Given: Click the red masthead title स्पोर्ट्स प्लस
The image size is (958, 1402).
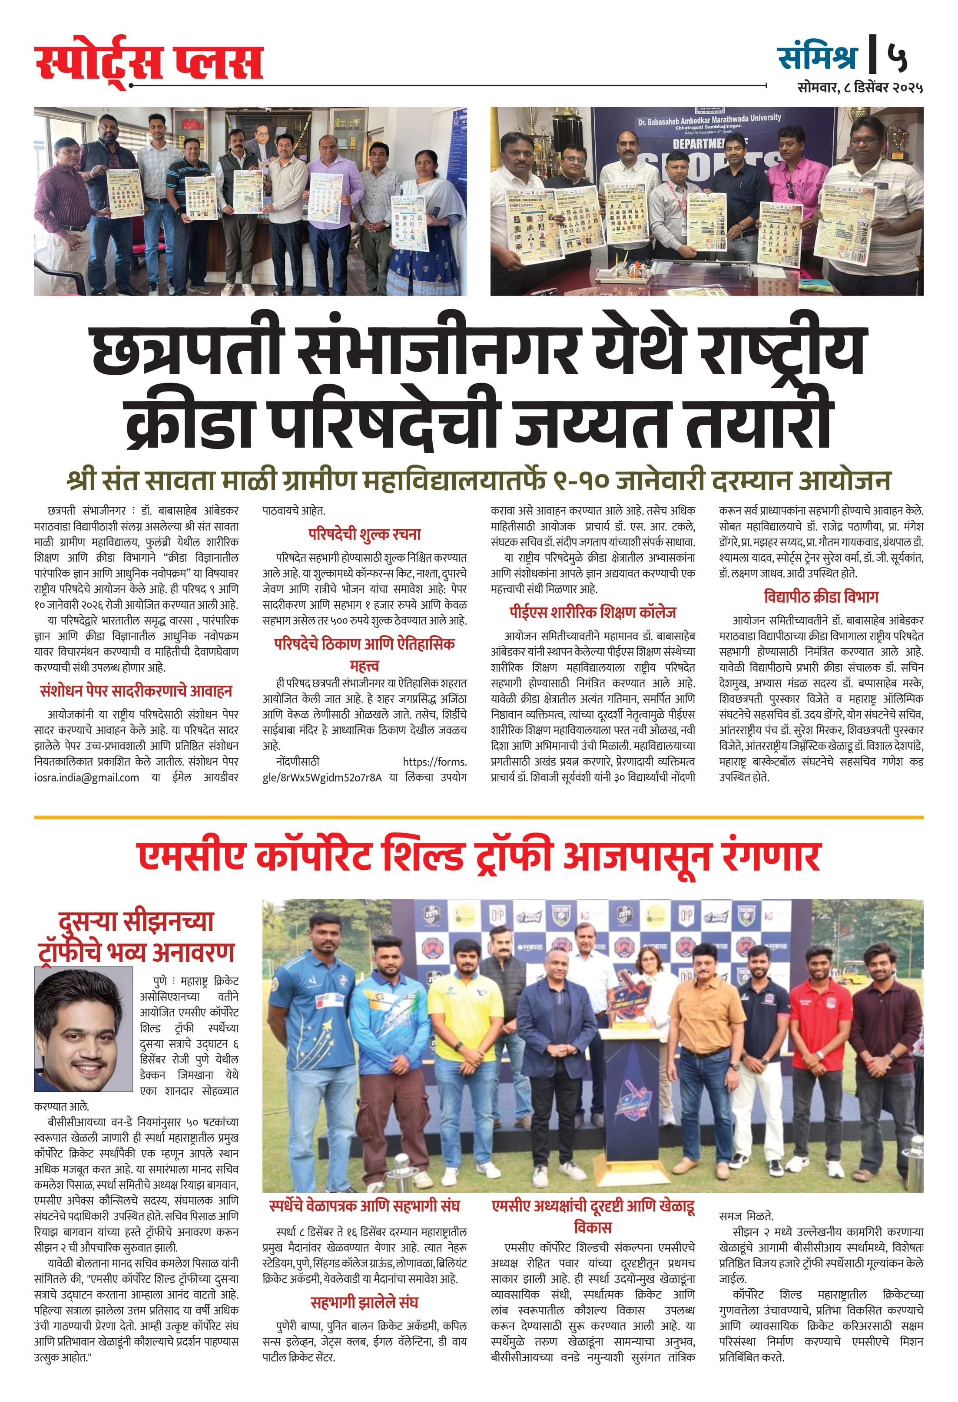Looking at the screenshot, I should coord(149,62).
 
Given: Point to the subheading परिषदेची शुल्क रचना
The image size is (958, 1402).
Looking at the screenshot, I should coord(364,534).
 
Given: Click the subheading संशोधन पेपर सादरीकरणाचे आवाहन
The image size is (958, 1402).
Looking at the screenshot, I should coord(136,691).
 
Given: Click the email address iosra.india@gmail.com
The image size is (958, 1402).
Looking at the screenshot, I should coord(86,778).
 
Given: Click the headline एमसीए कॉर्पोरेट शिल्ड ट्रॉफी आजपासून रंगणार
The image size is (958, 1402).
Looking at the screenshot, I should coord(479,857).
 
